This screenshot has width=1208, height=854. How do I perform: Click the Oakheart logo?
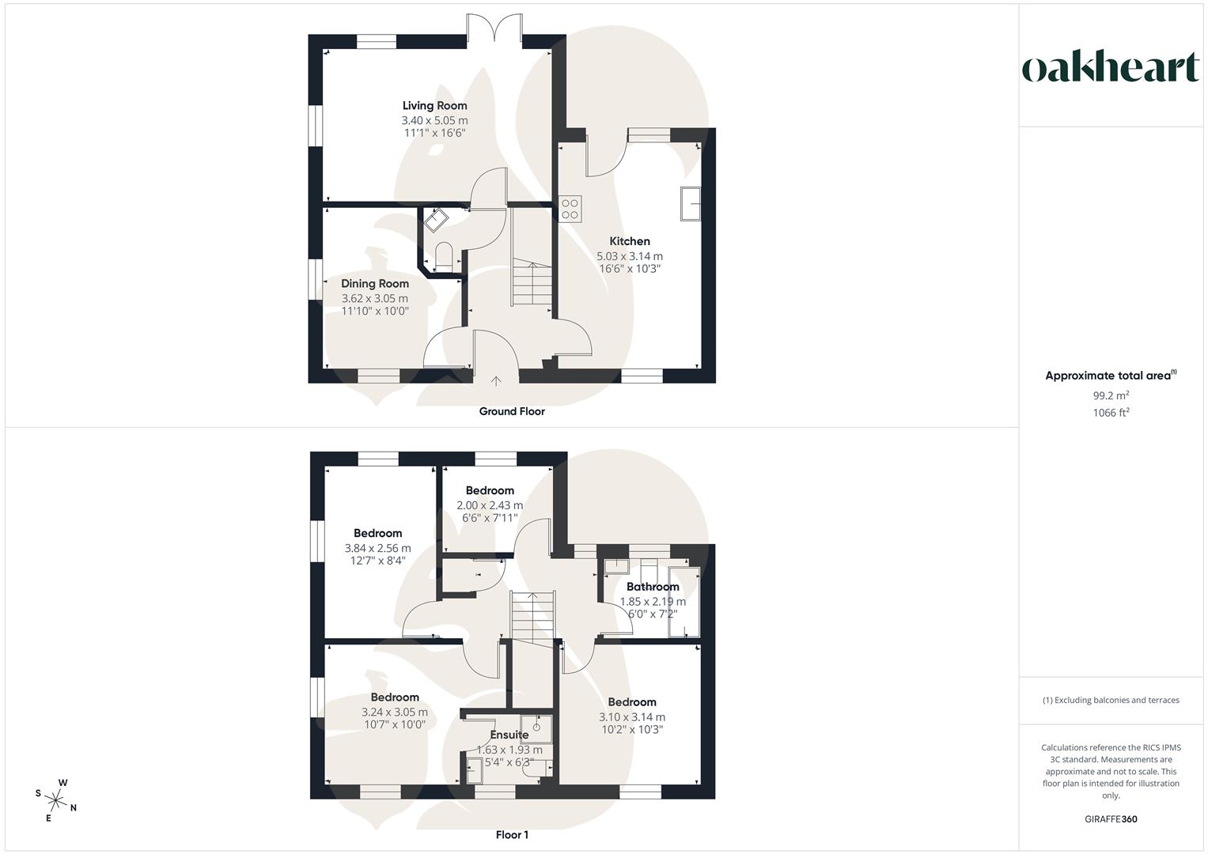(x=1110, y=68)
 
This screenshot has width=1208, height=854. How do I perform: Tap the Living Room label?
(x=434, y=105)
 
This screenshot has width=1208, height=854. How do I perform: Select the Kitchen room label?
(x=629, y=241)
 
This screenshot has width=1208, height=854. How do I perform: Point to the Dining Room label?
(x=375, y=283)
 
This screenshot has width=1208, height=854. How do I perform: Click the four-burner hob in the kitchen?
(x=570, y=208)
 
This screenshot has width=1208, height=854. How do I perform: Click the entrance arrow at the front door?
(x=496, y=381)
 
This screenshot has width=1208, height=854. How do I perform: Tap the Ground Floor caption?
(x=512, y=411)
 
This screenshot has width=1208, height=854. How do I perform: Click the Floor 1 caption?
(x=512, y=834)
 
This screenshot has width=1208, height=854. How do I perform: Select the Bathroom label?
(x=653, y=587)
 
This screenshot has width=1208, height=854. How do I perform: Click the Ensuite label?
(x=509, y=735)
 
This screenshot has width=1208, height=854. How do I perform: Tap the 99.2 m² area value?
(x=1111, y=395)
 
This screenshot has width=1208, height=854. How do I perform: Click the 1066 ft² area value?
(x=1111, y=412)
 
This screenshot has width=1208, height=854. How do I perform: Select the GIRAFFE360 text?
(x=1111, y=819)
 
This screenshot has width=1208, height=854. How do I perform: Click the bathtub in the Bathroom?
(x=682, y=601)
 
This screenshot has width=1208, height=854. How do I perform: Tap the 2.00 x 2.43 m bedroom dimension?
(x=490, y=505)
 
